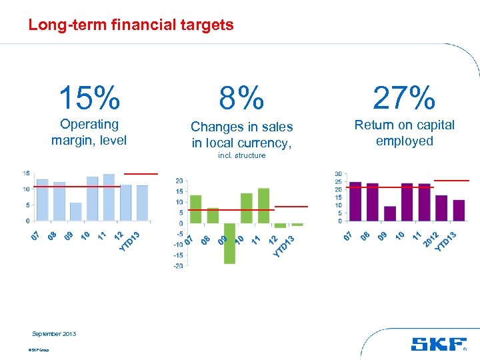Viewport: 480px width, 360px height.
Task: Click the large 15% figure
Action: pos(89,99)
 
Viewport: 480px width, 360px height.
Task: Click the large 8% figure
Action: pos(242,99)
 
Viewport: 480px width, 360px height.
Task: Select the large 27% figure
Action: pos(404,99)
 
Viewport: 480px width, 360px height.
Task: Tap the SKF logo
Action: pos(439,344)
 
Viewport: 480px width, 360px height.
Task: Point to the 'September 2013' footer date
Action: pos(54,334)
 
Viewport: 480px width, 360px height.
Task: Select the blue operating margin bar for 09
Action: pos(76,211)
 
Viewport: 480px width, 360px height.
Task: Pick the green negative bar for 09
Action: pos(229,243)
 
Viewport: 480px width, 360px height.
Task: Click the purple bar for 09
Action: pos(390,213)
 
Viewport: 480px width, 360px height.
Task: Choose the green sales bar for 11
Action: pos(263,205)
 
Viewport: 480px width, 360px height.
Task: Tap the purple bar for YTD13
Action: pos(459,210)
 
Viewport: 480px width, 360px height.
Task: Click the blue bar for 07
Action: pos(43,199)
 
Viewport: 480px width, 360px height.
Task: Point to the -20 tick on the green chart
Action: pos(179,266)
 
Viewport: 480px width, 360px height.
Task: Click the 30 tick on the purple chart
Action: pos(339,174)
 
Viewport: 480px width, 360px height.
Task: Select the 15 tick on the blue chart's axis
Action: pos(25,173)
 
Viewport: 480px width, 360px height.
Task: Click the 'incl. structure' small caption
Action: pos(242,155)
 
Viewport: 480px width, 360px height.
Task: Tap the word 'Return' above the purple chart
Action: pos(373,125)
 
